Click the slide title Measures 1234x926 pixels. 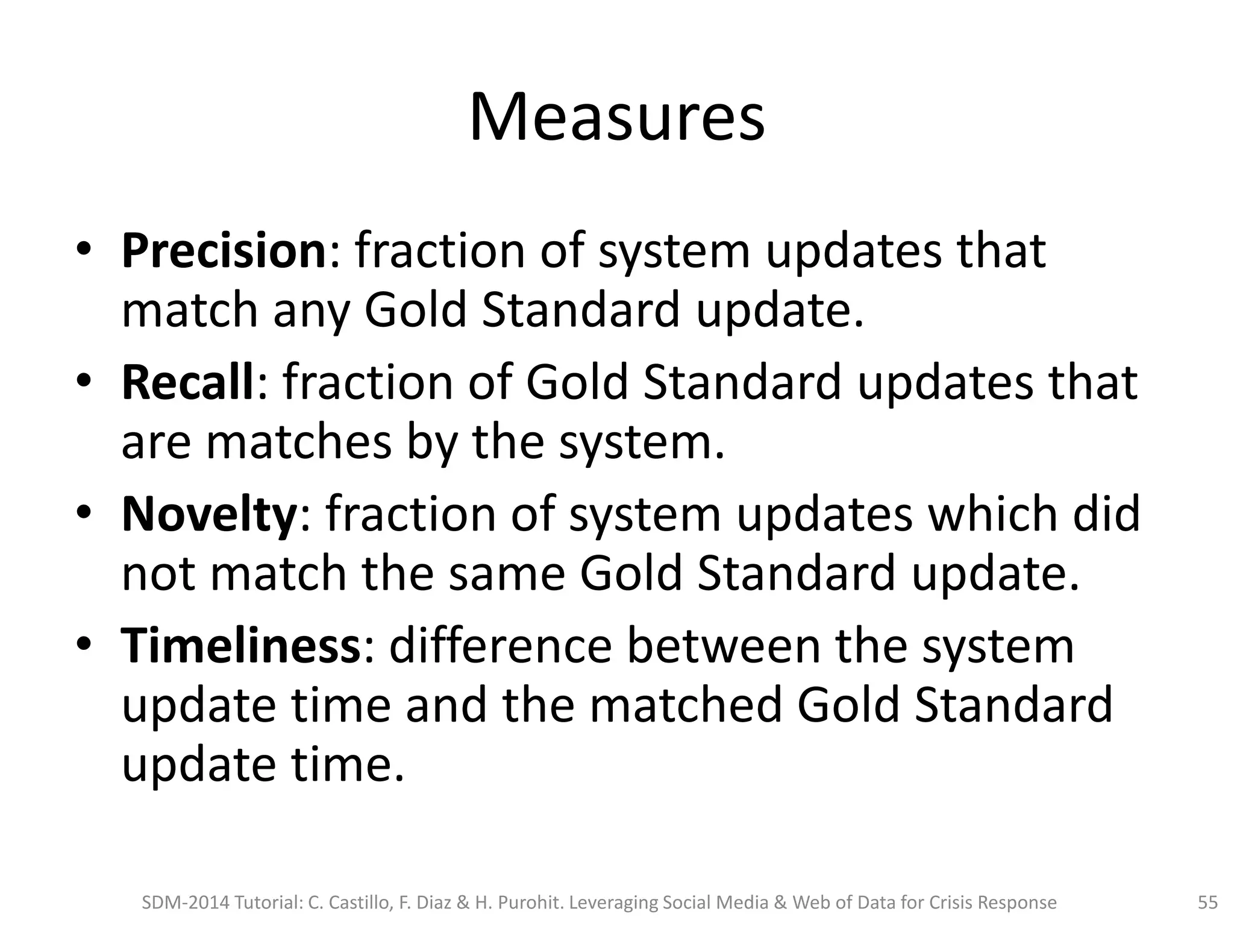(x=616, y=117)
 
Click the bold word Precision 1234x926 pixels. (x=224, y=251)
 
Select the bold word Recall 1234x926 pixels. (x=187, y=382)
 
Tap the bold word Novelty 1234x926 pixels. (x=208, y=514)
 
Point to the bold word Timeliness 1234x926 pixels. (x=240, y=646)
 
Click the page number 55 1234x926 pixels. (x=1207, y=902)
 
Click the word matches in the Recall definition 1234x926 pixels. (x=299, y=443)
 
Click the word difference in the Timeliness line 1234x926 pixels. (x=501, y=646)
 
